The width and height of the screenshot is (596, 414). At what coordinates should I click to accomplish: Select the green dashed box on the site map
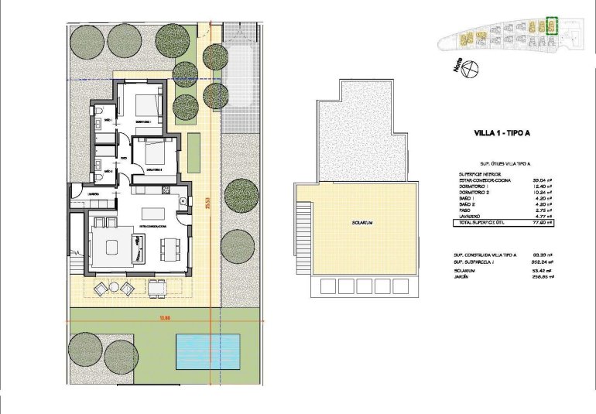[551, 26]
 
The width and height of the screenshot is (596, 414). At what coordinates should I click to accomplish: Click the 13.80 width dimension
[164, 318]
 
